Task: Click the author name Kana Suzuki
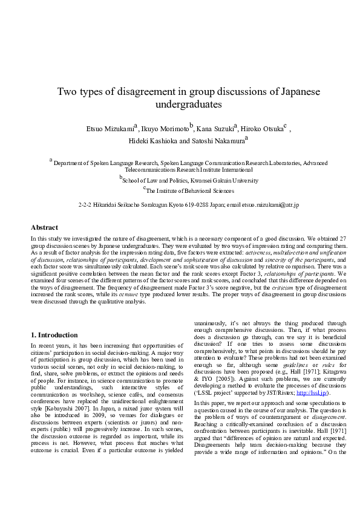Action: (x=214, y=129)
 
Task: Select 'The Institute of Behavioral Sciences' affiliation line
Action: (x=182, y=190)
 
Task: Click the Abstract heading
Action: (x=44, y=227)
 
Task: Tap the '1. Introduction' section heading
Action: (x=54, y=335)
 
